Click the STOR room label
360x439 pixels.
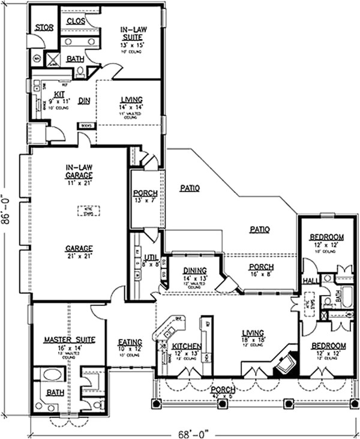click(44, 28)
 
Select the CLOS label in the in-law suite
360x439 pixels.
click(76, 20)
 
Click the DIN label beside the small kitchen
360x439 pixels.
click(83, 101)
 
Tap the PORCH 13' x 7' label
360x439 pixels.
click(145, 196)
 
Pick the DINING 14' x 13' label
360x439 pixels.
click(194, 274)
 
